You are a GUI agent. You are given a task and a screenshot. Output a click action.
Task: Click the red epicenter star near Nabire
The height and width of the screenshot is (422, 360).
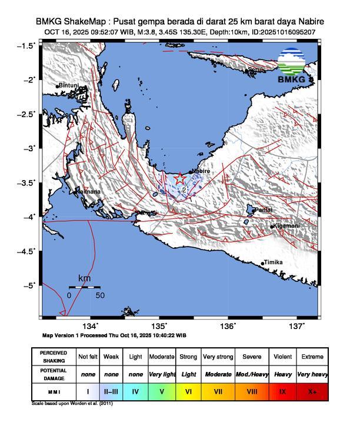pos(180,178)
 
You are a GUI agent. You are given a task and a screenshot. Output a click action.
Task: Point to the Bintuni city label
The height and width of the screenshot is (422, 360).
pos(68,85)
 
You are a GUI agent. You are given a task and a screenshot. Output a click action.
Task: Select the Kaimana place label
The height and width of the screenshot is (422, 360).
pos(88,191)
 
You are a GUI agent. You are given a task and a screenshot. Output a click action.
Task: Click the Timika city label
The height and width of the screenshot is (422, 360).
pos(274,262)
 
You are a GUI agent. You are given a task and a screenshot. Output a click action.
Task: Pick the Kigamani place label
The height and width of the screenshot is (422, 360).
pos(286,226)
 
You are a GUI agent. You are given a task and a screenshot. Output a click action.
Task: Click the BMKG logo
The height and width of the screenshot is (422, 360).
pos(292,67)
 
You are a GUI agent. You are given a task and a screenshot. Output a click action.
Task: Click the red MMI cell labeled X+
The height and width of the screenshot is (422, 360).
pos(312,390)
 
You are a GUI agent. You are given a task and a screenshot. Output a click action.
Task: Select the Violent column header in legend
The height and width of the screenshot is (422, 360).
pos(282,357)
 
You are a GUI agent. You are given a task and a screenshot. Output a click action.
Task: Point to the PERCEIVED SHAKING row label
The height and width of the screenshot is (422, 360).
pos(54,357)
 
